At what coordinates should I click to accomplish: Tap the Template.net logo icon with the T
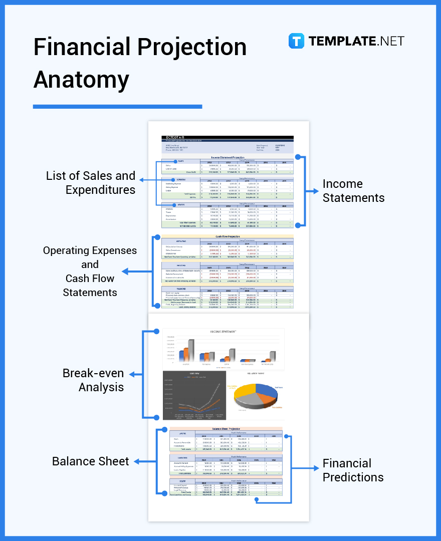pyautogui.click(x=296, y=41)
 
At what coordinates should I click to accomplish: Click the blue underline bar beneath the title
pyautogui.click(x=117, y=106)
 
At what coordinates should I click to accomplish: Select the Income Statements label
pyautogui.click(x=353, y=191)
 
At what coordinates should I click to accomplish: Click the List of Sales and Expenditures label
pyautogui.click(x=91, y=183)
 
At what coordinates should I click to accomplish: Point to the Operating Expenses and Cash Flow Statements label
pyautogui.click(x=89, y=271)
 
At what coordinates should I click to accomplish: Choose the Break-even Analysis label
pyautogui.click(x=93, y=380)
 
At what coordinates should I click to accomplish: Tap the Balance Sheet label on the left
pyautogui.click(x=91, y=461)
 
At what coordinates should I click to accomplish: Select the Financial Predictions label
pyautogui.click(x=353, y=470)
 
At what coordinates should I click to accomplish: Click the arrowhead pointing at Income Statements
pyautogui.click(x=316, y=191)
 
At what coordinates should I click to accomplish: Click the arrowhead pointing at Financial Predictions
pyautogui.click(x=316, y=468)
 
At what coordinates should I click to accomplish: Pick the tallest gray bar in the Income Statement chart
pyautogui.click(x=190, y=350)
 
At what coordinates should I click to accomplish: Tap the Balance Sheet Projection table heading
pyautogui.click(x=226, y=429)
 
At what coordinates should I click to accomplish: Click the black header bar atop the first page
pyautogui.click(x=228, y=138)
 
